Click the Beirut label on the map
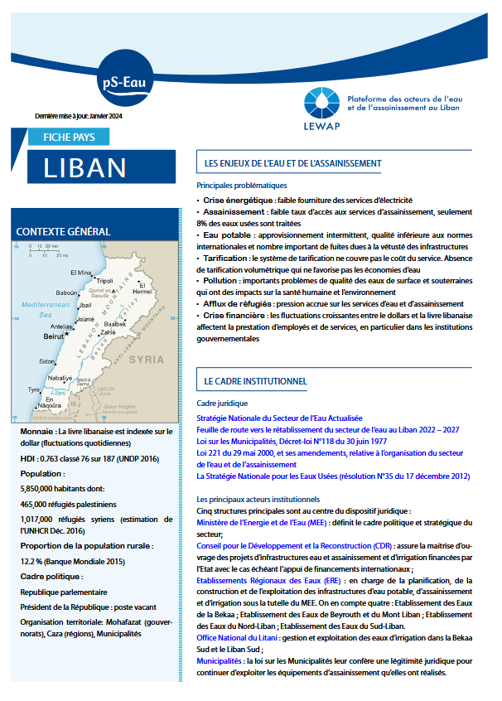click(55, 337)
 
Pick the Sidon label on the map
click(47, 361)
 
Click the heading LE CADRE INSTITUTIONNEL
click(255, 381)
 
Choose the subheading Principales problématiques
click(241, 186)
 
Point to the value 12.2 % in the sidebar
click(34, 560)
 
